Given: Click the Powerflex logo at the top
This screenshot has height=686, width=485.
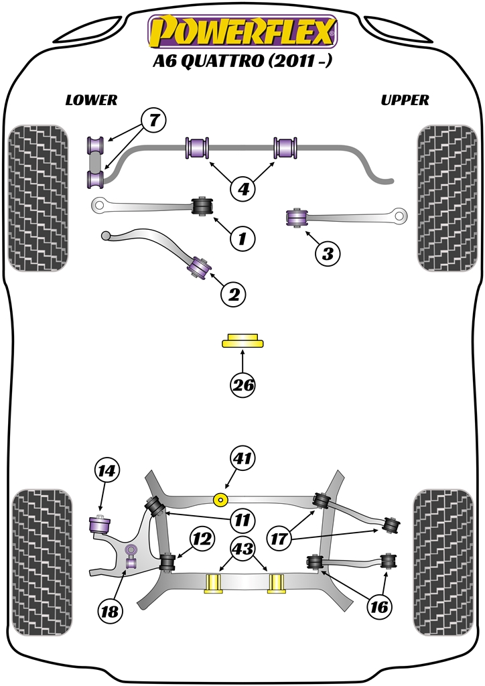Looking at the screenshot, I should click(242, 32).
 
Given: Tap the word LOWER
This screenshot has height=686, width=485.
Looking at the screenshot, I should click(91, 100).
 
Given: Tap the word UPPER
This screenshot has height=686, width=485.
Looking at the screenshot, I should click(405, 100).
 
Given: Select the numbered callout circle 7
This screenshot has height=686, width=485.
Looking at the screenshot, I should click(153, 121).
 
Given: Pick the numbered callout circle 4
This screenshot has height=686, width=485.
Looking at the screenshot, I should click(243, 190).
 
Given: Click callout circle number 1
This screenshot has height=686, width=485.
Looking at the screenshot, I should click(242, 237).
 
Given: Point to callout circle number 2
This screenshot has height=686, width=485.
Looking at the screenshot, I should click(234, 293).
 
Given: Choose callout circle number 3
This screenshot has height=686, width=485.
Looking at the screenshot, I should click(327, 253).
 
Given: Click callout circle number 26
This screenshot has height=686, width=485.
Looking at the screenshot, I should click(243, 385).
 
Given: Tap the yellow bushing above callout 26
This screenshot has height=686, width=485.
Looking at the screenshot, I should click(242, 341).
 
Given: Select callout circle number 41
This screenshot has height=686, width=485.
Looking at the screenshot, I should click(243, 459).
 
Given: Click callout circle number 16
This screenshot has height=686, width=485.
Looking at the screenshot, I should click(378, 607).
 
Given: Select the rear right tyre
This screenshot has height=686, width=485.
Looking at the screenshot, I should click(445, 563).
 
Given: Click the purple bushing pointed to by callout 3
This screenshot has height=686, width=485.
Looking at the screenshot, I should click(296, 217).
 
